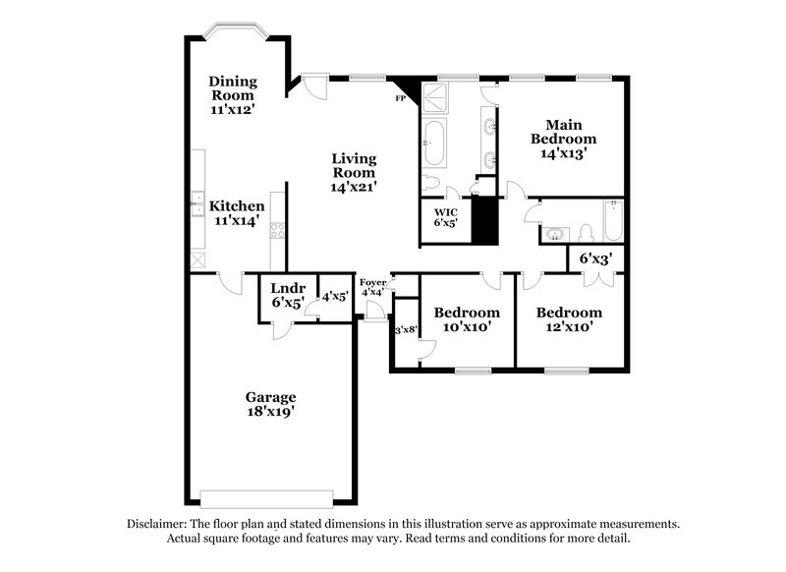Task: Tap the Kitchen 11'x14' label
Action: [236, 214]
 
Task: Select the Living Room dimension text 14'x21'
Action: [354, 185]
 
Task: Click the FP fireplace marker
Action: [401, 98]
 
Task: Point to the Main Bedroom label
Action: [564, 139]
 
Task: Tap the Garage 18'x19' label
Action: [270, 405]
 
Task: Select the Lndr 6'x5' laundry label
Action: [288, 296]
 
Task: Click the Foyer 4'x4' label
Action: [372, 287]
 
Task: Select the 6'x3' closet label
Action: [595, 259]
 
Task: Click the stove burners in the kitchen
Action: [277, 233]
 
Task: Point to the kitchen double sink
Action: [196, 206]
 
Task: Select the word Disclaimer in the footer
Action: [162, 524]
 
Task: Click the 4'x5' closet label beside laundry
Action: [334, 296]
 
